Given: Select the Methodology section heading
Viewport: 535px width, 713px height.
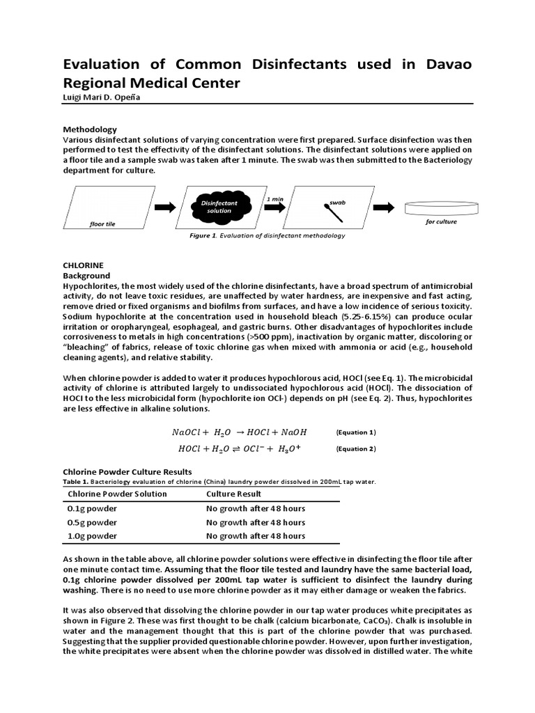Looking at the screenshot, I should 90,130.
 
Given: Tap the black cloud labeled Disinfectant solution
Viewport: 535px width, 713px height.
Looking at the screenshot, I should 219,207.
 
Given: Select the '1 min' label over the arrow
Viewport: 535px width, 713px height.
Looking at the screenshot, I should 274,199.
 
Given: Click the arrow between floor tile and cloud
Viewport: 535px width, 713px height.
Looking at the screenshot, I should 166,207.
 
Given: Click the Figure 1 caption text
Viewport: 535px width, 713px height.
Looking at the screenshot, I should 267,236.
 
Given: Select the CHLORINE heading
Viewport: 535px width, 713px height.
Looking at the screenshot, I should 83,266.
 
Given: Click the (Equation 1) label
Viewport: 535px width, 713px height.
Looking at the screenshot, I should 355,432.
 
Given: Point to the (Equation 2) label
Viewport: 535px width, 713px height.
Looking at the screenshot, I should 355,449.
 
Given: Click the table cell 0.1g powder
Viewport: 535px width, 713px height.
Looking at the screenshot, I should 92,508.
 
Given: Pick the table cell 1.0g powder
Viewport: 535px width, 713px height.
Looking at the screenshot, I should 92,536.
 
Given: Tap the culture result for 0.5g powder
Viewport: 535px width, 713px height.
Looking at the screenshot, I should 255,522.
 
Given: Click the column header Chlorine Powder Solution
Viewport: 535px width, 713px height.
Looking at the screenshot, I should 117,494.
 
